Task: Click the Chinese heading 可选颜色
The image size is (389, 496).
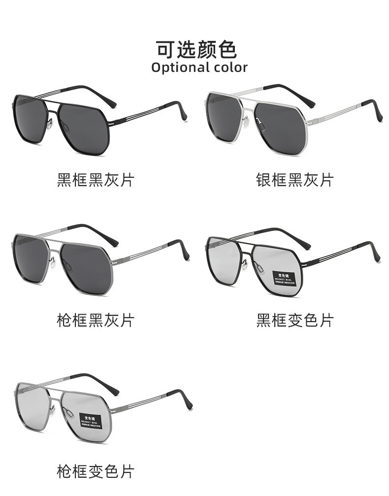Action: (x=196, y=49)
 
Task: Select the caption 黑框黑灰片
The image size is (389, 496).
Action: (x=96, y=180)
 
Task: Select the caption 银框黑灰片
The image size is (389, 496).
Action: (x=294, y=180)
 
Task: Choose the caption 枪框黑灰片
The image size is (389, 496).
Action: (x=96, y=321)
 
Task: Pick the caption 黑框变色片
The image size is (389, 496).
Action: (x=294, y=321)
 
